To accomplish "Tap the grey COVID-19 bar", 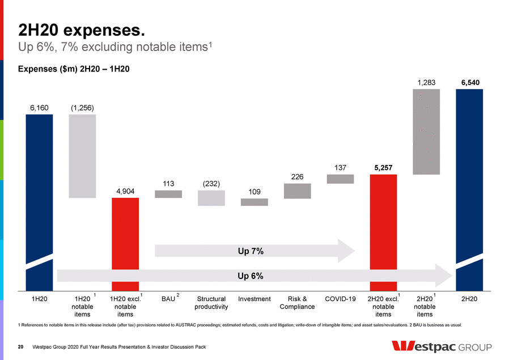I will click(340, 179).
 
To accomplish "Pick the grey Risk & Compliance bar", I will click(297, 190).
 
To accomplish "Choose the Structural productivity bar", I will click(211, 197).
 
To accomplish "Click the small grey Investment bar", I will click(254, 202).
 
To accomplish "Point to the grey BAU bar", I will click(168, 194).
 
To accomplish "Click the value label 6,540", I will click(469, 83).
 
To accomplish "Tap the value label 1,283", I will click(426, 83).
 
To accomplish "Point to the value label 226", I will click(297, 177).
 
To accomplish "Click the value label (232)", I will click(211, 184).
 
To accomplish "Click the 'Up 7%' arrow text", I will click(250, 251).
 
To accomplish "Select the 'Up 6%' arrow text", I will click(250, 276).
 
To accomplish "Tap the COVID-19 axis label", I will click(340, 299).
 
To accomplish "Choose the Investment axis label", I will click(254, 299).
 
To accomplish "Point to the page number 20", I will click(20, 346).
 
